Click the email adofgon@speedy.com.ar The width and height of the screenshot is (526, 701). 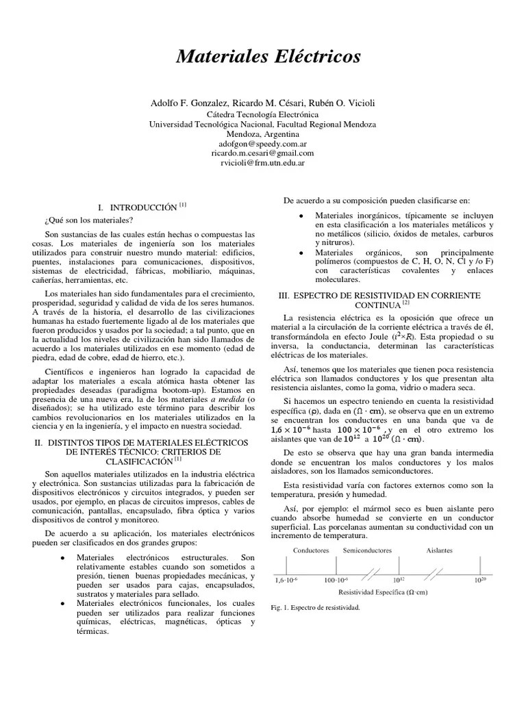pos(262,145)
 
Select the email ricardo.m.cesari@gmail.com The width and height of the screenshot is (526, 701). pos(262,154)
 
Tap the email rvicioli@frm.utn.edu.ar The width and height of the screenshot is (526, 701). pos(262,164)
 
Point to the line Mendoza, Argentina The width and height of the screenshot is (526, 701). pos(262,135)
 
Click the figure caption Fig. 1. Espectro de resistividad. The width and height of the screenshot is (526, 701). pos(315,607)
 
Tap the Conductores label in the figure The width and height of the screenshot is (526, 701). pos(312,550)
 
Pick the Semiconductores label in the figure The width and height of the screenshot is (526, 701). pos(367,550)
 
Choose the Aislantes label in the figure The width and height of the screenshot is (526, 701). pos(439,550)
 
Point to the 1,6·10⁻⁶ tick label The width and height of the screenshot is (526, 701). pos(287,580)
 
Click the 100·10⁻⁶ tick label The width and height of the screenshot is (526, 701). pos(336,580)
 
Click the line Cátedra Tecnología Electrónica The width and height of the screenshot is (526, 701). pos(262,115)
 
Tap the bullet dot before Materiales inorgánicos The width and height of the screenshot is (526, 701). pos(301,215)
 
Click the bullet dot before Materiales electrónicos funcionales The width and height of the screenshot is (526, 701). pos(63,603)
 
